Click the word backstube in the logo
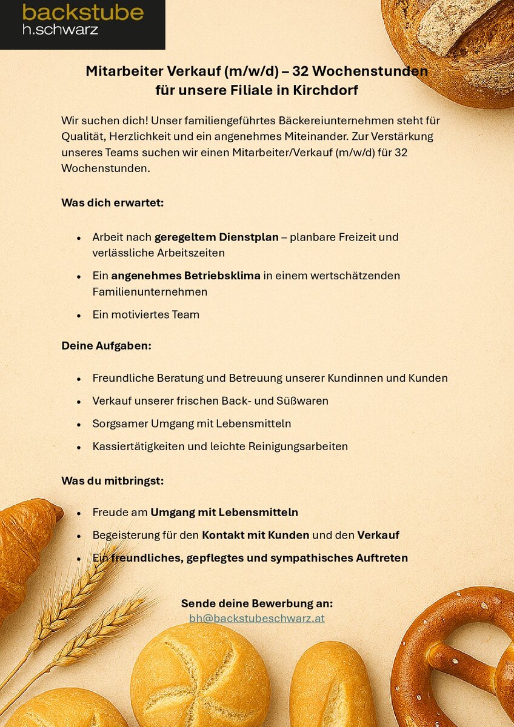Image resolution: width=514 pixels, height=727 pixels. point(82,12)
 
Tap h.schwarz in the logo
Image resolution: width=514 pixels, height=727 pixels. point(60,28)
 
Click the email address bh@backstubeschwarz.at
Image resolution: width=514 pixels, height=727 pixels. point(257,619)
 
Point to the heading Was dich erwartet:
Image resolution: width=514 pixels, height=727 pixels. point(112,202)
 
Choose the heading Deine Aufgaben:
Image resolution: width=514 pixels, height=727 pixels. point(106,346)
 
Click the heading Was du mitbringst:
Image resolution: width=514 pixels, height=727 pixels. point(112,480)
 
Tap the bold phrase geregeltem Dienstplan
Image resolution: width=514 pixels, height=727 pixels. point(216,237)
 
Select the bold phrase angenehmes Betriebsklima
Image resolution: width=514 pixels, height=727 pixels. point(185,276)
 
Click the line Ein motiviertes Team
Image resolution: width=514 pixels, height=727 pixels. point(145,314)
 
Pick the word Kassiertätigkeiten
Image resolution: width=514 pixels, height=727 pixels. point(139,446)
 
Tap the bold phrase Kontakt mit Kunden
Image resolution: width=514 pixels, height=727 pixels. point(255,535)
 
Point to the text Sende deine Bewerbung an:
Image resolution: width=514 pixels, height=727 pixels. point(257,603)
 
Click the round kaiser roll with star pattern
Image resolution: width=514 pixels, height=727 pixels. point(199,676)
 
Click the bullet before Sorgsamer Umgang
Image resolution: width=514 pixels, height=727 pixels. point(79,424)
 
